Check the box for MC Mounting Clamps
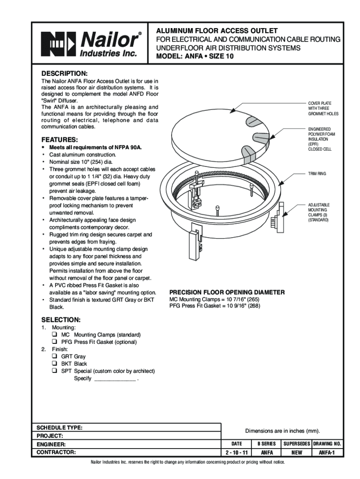(55, 335)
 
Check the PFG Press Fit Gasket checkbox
(55, 342)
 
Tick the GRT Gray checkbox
(55, 356)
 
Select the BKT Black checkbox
(55, 363)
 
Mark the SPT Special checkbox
(55, 371)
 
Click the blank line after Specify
(115, 378)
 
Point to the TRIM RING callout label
(317, 174)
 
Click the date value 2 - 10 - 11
(237, 452)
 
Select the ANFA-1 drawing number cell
(331, 452)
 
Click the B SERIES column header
(266, 443)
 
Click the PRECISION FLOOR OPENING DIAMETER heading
(227, 292)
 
